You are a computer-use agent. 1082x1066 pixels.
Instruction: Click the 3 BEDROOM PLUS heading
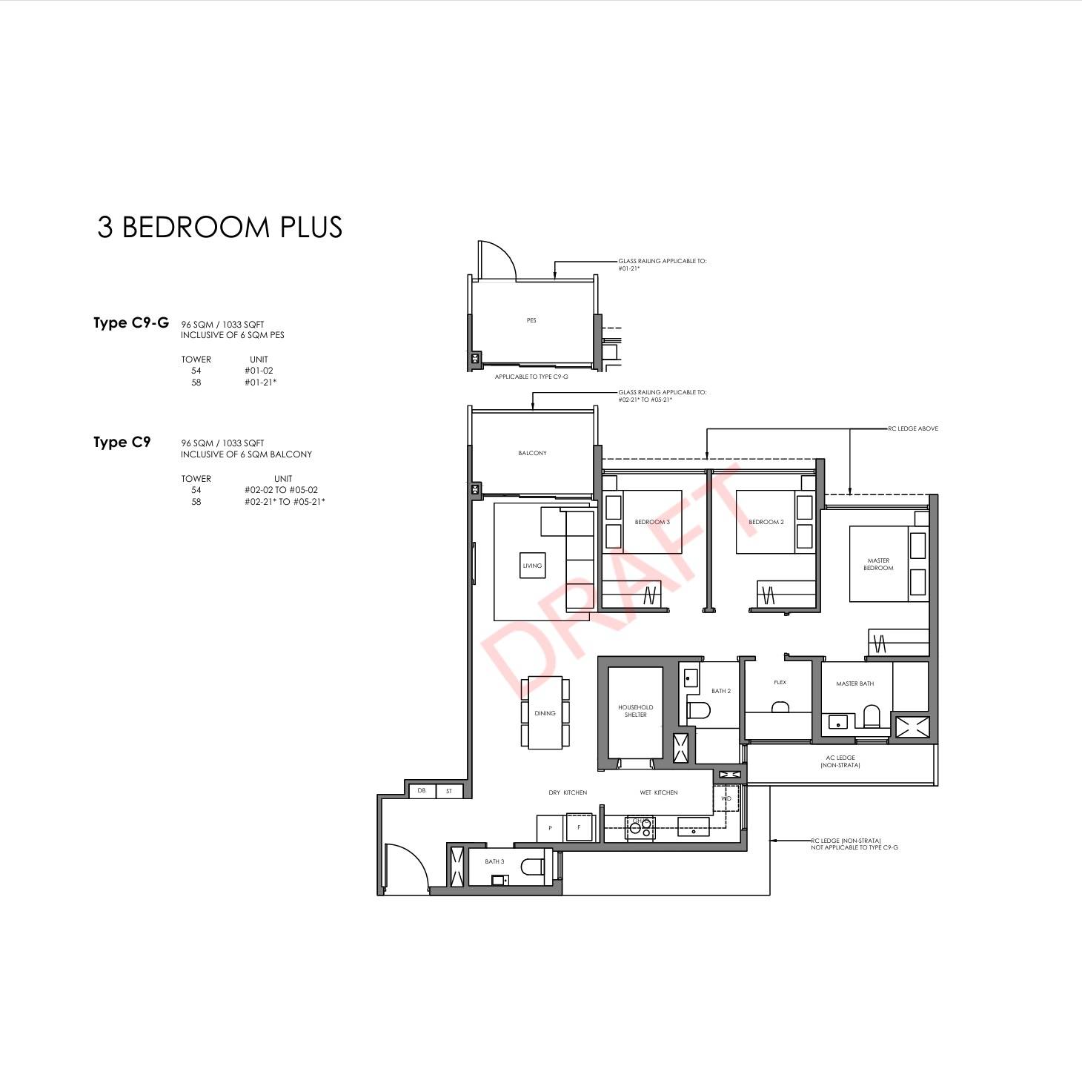[x=219, y=227]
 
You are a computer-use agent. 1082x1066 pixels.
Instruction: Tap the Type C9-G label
[x=131, y=322]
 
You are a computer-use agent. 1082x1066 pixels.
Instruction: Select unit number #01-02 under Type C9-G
[x=259, y=371]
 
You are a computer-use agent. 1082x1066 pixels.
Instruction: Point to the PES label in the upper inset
[x=531, y=320]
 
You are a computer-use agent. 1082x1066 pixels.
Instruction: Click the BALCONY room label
[x=532, y=453]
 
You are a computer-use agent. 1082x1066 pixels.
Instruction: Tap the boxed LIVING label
[x=532, y=566]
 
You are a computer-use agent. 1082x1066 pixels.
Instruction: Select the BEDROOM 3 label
[x=652, y=522]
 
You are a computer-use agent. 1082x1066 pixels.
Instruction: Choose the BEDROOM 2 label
[x=766, y=522]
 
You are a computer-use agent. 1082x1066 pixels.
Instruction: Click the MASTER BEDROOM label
[x=878, y=564]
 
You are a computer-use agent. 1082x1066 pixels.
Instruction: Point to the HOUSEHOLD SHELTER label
[x=636, y=710]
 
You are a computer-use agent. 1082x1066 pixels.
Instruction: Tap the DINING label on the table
[x=545, y=713]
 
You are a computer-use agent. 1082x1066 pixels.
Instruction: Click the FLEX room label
[x=780, y=683]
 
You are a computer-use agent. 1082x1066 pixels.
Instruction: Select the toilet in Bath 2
[x=699, y=710]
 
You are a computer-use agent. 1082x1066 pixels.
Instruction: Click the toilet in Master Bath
[x=872, y=716]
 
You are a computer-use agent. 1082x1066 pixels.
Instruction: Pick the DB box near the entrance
[x=422, y=791]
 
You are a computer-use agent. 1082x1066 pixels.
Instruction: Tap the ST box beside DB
[x=449, y=791]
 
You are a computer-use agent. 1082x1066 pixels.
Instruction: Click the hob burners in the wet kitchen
[x=640, y=827]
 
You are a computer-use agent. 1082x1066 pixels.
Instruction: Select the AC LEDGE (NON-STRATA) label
[x=840, y=761]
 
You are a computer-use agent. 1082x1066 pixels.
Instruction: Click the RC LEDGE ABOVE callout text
[x=913, y=428]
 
